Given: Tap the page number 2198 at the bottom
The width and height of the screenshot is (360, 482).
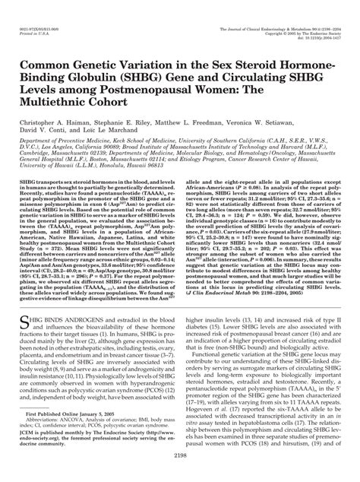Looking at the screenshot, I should coord(180,474).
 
